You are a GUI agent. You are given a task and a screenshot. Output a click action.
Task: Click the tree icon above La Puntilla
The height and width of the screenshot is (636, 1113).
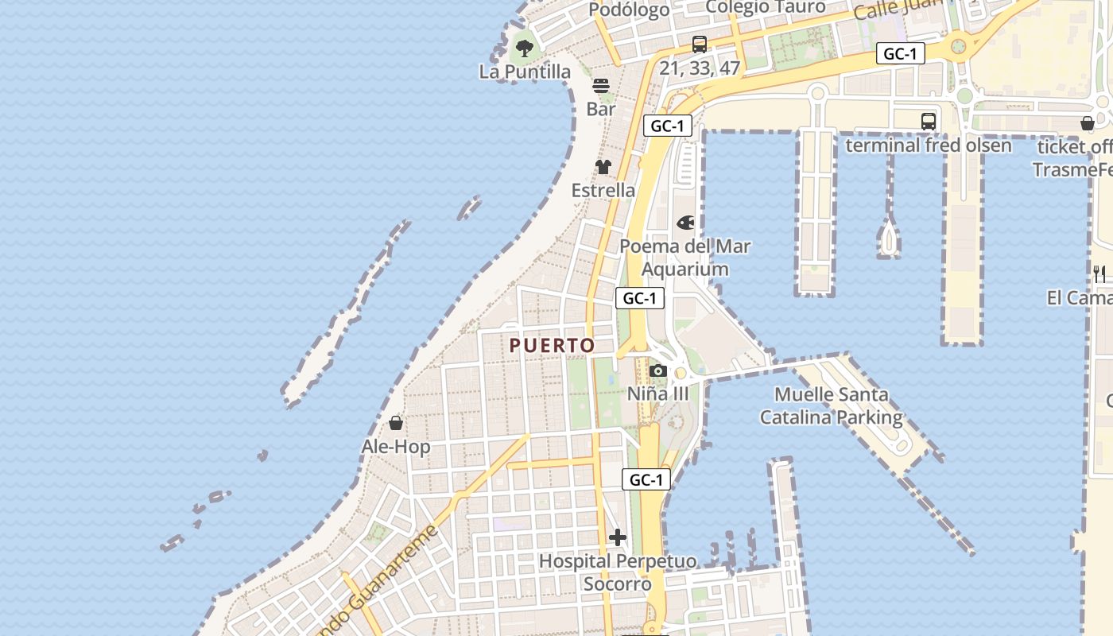[524, 48]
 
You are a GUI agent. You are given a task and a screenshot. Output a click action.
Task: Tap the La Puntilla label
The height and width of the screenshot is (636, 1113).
[525, 72]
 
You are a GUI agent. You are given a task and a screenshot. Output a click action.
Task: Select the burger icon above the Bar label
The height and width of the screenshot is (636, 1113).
[601, 86]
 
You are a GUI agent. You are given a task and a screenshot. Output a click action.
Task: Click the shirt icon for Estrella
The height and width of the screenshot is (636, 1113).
[603, 167]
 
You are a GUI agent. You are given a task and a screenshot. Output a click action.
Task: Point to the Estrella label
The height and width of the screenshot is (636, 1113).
[603, 190]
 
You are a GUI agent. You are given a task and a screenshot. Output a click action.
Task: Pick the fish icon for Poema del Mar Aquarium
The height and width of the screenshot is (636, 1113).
[685, 223]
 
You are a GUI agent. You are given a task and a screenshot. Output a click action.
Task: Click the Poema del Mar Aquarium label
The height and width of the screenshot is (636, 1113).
[685, 258]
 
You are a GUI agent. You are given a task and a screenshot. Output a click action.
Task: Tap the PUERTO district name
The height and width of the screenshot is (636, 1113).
[552, 345]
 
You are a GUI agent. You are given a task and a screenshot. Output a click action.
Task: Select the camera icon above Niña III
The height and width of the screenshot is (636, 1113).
[657, 370]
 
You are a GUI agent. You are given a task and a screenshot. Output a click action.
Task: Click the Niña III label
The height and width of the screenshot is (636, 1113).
[657, 394]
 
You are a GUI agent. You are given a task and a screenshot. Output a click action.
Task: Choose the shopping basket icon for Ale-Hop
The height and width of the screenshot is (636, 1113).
[396, 423]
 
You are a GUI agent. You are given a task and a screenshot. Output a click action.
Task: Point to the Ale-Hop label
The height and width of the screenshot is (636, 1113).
[396, 447]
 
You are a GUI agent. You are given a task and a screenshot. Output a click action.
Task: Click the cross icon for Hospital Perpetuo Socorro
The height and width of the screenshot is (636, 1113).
[618, 537]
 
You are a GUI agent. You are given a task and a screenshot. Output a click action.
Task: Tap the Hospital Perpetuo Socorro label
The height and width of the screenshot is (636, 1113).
[618, 572]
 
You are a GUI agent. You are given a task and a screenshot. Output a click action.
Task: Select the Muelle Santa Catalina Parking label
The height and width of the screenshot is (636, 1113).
[832, 405]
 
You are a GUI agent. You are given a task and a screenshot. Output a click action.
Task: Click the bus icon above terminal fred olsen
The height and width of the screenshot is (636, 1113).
[929, 122]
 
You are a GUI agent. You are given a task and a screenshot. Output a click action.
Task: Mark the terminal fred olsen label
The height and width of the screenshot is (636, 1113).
[929, 145]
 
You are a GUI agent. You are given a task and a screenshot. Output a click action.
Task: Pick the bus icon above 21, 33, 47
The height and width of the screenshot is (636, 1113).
[700, 45]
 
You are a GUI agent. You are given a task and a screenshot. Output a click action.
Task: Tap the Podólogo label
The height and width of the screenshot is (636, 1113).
[630, 10]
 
